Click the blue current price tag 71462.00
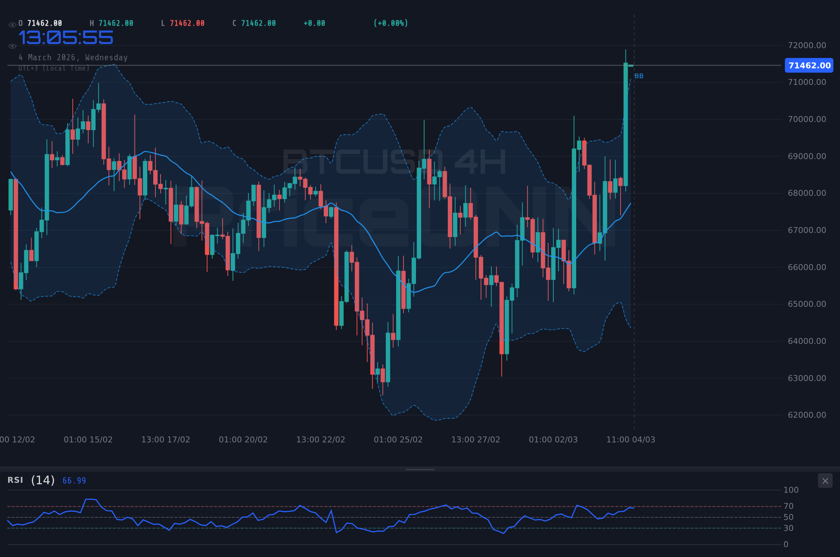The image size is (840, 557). tap(809, 65)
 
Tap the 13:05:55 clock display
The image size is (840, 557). tap(66, 38)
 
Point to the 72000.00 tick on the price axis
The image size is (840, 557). tap(807, 45)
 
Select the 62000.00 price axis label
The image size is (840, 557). tap(807, 415)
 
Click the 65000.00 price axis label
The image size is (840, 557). tap(807, 304)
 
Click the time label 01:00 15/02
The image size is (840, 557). tap(88, 439)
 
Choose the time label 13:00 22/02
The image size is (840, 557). tap(320, 439)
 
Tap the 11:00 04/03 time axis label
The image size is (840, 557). tap(631, 439)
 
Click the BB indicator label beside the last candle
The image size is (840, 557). tap(639, 76)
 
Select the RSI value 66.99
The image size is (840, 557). tap(74, 481)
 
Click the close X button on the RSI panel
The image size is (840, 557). tap(825, 481)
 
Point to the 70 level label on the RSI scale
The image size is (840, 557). tap(788, 506)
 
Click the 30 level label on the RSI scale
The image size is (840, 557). tap(788, 528)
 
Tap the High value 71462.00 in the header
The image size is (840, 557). tap(116, 23)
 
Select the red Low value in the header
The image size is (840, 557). tap(187, 23)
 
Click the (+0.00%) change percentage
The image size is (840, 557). tap(391, 23)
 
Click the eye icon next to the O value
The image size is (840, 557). tap(12, 25)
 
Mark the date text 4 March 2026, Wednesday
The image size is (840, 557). tap(73, 57)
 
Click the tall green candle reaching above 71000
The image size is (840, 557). tap(625, 125)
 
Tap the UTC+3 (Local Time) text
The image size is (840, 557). tap(54, 68)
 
